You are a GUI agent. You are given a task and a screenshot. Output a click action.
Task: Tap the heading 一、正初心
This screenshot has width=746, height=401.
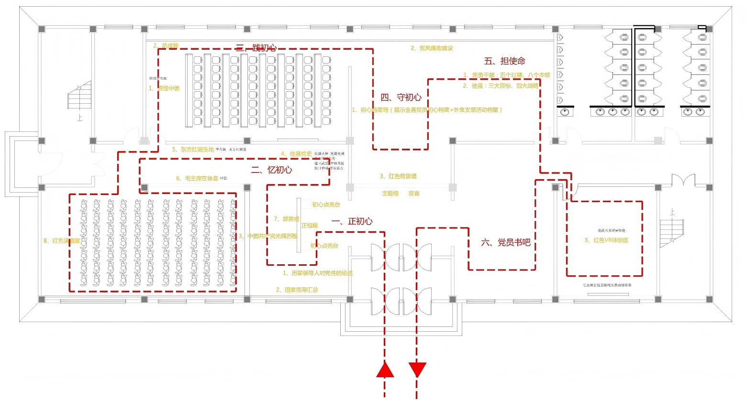point(352,221)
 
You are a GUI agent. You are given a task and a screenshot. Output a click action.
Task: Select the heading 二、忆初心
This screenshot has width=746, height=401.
point(271,170)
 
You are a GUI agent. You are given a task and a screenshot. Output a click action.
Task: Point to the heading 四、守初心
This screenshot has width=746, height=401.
point(401,98)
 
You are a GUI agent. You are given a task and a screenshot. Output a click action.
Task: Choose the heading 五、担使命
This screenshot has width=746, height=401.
point(504,61)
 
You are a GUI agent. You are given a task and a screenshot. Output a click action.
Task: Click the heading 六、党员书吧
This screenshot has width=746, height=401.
point(505,243)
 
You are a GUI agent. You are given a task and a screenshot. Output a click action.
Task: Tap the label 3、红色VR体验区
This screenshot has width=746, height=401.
point(606,240)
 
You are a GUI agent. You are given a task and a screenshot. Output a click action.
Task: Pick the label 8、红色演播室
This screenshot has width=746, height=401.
point(62,241)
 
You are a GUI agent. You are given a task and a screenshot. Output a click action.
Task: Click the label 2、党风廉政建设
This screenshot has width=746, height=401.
point(432,48)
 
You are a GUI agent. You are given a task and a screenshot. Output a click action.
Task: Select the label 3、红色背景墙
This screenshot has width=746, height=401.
point(398,176)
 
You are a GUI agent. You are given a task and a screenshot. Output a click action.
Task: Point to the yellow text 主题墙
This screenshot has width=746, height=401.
point(390,194)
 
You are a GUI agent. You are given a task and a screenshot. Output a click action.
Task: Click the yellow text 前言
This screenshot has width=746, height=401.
point(414,194)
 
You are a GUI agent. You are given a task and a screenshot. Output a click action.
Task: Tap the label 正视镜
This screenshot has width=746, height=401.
point(309,226)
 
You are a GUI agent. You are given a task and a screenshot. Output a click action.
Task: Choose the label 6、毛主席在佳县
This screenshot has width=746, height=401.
point(197,178)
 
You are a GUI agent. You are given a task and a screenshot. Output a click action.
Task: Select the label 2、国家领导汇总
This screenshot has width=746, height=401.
point(297,290)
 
